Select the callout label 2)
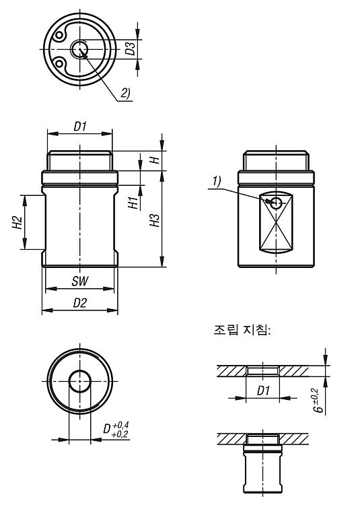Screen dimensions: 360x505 (x=125, y=93)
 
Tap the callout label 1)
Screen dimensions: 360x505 (x=217, y=182)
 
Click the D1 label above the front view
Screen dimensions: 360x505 (x=80, y=127)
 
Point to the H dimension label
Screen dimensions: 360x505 (x=155, y=160)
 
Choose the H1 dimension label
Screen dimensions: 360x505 (x=133, y=203)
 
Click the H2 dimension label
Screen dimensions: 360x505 (x=17, y=223)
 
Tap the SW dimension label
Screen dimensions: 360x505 (x=80, y=281)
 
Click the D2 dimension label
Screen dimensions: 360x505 (x=80, y=303)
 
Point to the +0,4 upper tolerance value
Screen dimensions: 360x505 (x=121, y=425)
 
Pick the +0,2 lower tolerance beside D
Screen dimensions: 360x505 (x=120, y=434)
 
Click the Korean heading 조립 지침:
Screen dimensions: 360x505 (x=242, y=330)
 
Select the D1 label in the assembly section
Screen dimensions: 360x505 (x=263, y=391)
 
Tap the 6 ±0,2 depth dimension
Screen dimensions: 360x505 (x=318, y=401)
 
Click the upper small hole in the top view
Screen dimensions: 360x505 (x=59, y=35)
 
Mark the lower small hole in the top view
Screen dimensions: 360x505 (x=59, y=63)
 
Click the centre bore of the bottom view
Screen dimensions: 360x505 (x=80, y=381)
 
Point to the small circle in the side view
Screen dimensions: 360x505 (x=276, y=203)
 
